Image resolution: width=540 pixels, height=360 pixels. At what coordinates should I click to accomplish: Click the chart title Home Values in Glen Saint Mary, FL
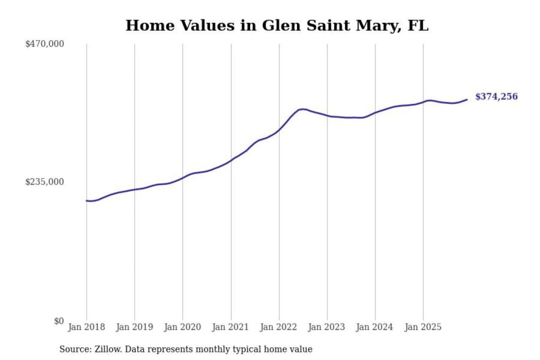[x=277, y=25]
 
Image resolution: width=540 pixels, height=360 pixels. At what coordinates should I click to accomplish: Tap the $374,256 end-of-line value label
[x=496, y=97]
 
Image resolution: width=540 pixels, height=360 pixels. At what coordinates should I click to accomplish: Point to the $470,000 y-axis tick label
[x=45, y=44]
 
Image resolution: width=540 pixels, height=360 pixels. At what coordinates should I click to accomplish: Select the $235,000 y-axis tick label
[x=45, y=182]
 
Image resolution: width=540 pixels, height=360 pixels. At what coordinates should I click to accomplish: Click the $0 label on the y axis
[x=59, y=321]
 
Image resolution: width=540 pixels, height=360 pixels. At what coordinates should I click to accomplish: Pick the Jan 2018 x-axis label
[x=86, y=327]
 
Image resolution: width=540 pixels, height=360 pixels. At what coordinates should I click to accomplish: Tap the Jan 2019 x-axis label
[x=134, y=327]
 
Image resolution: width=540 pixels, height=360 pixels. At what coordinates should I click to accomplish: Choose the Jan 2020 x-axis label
[x=182, y=327]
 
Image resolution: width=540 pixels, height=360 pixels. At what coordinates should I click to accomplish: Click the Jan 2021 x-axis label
[x=230, y=327]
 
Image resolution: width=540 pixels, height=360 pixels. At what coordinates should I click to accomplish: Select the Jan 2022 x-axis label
[x=278, y=327]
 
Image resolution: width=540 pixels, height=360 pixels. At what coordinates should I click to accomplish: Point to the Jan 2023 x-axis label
[x=326, y=327]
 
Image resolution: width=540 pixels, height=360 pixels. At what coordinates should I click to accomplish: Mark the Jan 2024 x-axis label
[x=374, y=327]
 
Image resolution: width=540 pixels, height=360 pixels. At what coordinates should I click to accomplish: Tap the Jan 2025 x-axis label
[x=423, y=327]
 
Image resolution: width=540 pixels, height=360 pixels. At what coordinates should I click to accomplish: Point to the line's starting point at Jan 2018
[x=87, y=201]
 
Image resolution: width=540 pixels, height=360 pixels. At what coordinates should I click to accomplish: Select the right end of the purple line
[x=467, y=99]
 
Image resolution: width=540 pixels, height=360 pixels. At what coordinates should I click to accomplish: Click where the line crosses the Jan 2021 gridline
[x=231, y=160]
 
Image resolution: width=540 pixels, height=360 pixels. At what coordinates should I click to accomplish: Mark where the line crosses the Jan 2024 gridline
[x=375, y=112]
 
